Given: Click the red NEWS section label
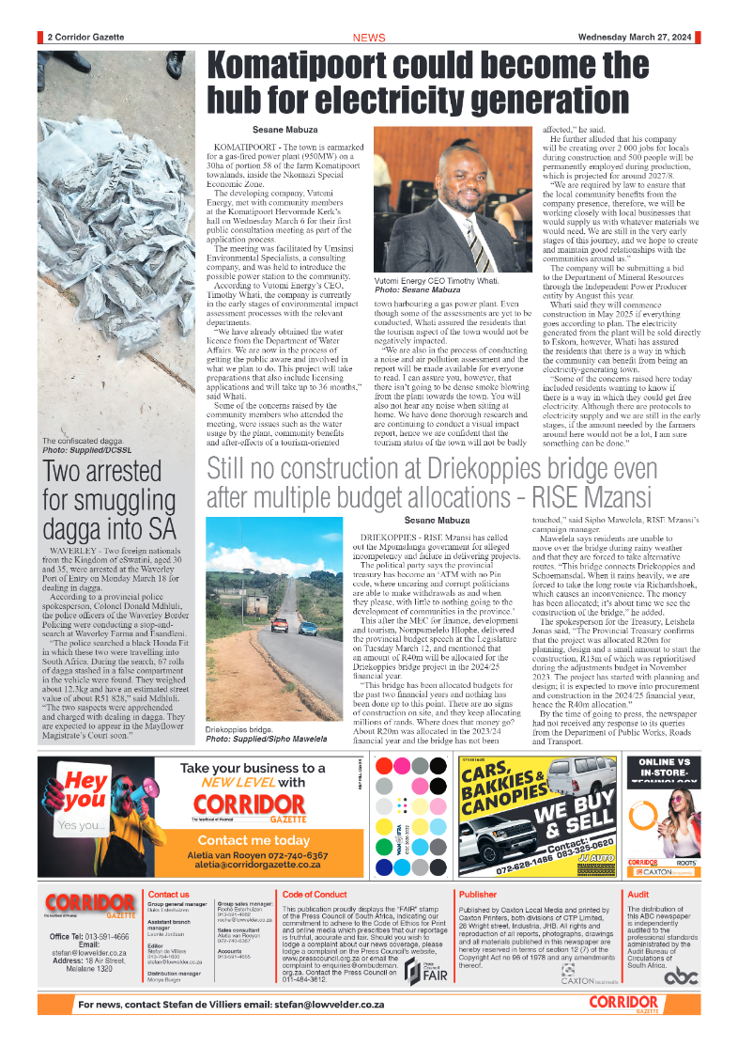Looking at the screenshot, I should (368, 38).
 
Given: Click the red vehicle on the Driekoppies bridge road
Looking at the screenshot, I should (279, 626).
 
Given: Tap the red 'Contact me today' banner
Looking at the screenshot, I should (254, 840).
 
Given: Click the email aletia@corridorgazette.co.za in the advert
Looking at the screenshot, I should (254, 865).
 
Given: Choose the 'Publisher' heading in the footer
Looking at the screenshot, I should (478, 894).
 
